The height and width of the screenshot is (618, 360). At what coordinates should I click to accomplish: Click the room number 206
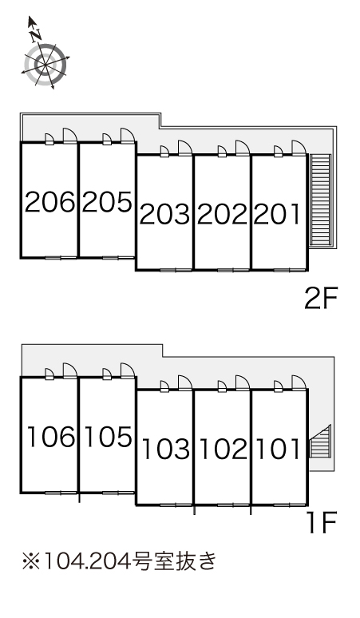(49, 202)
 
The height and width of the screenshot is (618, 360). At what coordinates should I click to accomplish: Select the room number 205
(107, 202)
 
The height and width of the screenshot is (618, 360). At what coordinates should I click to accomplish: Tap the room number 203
(164, 215)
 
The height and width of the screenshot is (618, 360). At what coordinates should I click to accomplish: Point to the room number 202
(222, 215)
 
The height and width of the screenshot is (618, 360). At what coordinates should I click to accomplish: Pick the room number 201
(276, 215)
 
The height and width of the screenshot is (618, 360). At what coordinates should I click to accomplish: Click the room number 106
(51, 437)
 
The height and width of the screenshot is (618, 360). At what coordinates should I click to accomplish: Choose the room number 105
(109, 437)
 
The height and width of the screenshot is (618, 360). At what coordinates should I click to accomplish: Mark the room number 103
(165, 450)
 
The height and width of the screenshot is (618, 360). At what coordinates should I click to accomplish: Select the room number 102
(224, 450)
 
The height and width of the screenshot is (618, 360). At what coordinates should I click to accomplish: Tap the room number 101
(278, 450)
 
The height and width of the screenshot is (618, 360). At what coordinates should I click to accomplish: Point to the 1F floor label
(322, 522)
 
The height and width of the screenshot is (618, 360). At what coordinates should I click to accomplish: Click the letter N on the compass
(36, 35)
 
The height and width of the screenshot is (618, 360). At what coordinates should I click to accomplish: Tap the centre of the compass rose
(45, 63)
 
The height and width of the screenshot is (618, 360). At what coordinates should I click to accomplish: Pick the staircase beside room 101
(319, 442)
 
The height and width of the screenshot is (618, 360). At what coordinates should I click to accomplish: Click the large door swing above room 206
(70, 135)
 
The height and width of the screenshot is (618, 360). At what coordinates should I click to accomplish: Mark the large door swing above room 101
(299, 382)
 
